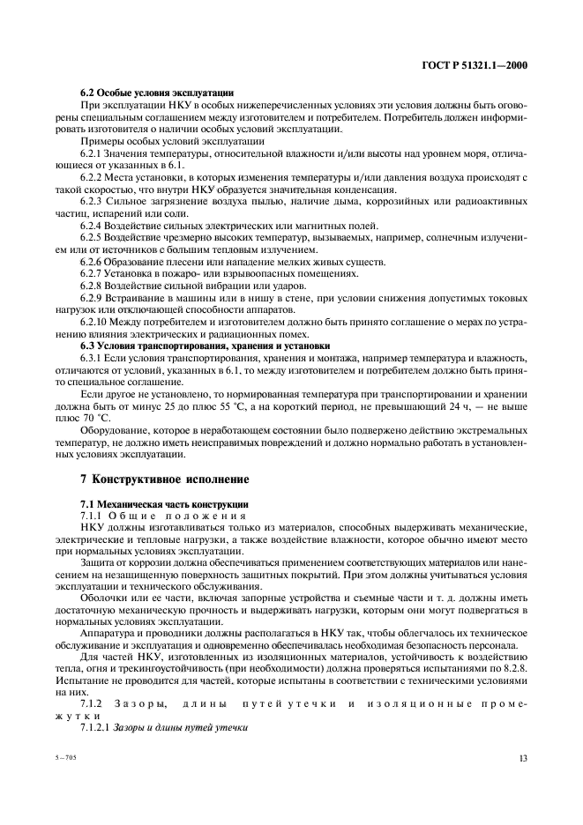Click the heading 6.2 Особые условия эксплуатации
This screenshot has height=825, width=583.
tap(157, 92)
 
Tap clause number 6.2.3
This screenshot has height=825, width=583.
tap(93, 202)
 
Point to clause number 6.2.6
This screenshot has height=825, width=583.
tap(93, 262)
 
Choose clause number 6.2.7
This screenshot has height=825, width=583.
tap(93, 273)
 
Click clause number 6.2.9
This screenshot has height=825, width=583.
tap(93, 297)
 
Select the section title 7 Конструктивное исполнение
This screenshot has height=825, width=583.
tap(164, 479)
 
